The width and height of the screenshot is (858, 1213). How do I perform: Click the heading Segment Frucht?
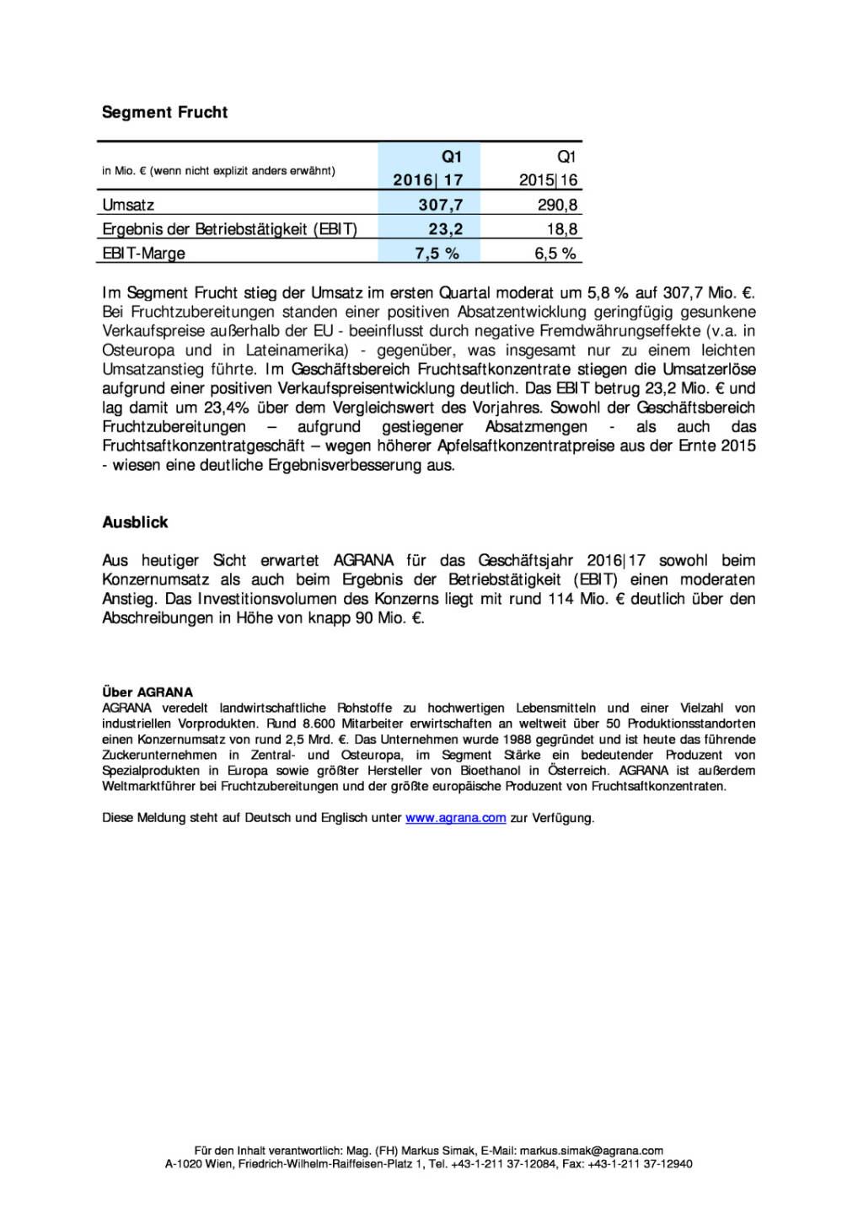[164, 112]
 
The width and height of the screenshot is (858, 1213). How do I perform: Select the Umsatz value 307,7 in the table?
[440, 205]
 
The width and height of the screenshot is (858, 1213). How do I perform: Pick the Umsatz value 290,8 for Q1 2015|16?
[557, 205]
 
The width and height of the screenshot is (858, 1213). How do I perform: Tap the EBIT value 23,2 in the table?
[445, 229]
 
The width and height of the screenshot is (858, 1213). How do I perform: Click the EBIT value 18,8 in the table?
[561, 229]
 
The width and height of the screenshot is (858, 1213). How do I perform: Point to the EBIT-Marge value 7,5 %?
[437, 254]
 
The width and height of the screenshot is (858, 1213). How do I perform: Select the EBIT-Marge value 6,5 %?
[555, 254]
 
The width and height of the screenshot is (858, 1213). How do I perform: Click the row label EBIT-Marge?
[143, 254]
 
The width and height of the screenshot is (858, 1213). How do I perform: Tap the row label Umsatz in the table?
[128, 205]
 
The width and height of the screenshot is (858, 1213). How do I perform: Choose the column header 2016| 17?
[427, 180]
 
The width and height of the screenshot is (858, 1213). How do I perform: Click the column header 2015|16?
[548, 180]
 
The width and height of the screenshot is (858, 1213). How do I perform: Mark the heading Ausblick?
[135, 522]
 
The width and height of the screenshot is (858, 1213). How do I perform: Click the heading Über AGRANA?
[147, 692]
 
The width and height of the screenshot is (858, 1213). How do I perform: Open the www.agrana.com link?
[455, 818]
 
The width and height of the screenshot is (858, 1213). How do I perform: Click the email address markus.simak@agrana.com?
[591, 1151]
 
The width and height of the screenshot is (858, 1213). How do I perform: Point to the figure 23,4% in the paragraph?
[226, 408]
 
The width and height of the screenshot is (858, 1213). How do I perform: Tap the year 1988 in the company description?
[517, 740]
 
